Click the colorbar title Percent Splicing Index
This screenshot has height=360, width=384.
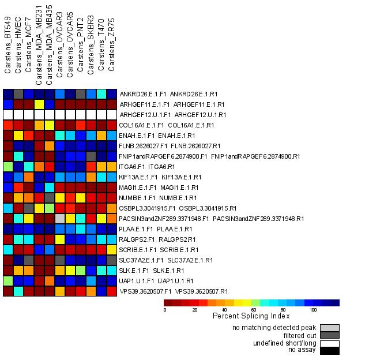[x=251, y=316]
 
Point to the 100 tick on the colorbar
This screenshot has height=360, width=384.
[x=313, y=310]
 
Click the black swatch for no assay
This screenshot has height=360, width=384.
[x=330, y=350]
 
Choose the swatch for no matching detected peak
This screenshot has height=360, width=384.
[x=330, y=328]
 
